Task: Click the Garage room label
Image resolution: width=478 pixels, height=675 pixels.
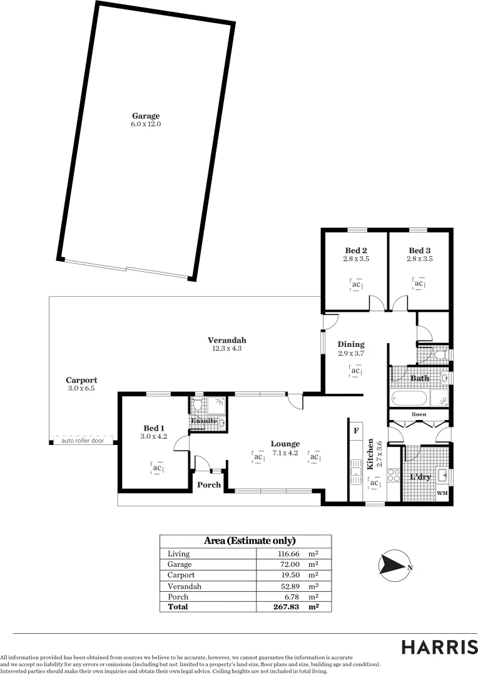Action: coord(146,116)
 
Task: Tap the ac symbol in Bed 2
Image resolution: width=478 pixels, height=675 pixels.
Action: coord(356,285)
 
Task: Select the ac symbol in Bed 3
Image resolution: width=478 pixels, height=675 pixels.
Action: coord(419,284)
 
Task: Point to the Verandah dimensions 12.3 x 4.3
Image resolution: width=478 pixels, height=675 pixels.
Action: coord(226,349)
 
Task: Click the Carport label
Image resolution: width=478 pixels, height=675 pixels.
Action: coord(81,380)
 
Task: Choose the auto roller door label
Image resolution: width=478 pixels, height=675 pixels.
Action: coord(82,441)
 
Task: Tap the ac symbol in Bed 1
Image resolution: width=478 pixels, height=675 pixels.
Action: coord(158,467)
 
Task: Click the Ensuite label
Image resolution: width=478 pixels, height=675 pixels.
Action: coord(204,421)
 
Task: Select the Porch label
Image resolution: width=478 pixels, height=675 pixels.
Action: coord(209,484)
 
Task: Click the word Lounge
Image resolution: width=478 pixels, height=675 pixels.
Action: coord(285,444)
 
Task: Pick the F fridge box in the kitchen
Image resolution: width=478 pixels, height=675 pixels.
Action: coord(356,431)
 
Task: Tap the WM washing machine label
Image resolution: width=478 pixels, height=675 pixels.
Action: coord(442,493)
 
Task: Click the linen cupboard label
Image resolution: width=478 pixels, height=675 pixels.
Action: coord(419,414)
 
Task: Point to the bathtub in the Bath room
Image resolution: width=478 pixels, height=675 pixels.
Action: coord(409,398)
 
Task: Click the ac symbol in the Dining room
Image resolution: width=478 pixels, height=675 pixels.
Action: coord(355,371)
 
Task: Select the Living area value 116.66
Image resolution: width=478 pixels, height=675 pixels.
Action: coord(288,554)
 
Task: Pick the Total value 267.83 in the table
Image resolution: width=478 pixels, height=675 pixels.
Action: coord(288,607)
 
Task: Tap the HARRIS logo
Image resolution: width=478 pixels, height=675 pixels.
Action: coord(439,647)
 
